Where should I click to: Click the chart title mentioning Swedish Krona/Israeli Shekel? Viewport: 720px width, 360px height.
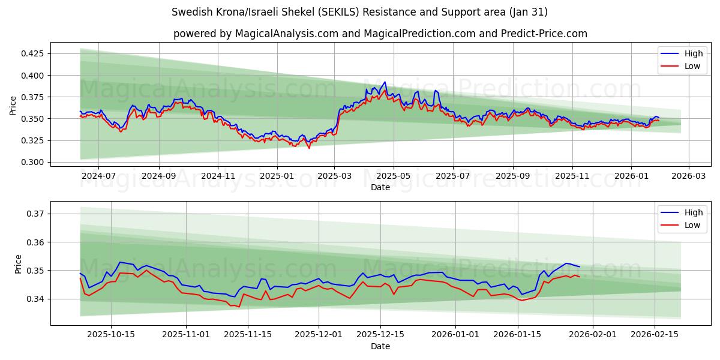tap(359, 12)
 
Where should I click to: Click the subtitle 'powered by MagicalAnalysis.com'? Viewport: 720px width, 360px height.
tap(380, 34)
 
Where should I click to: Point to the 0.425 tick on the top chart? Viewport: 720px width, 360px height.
tap(32, 53)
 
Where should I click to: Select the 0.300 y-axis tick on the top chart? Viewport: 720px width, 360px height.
tap(32, 162)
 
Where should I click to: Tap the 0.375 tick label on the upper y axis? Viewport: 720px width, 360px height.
tap(32, 97)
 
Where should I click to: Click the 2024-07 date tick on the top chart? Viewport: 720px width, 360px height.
tap(98, 175)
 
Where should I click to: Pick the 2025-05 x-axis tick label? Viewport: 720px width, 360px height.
tap(394, 175)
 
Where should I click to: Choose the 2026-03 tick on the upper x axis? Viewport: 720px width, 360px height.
tap(688, 175)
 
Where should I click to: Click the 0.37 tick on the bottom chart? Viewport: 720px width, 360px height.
tap(36, 214)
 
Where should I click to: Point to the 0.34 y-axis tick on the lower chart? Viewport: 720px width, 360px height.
tap(36, 299)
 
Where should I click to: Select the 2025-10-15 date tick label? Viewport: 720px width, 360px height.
tap(112, 334)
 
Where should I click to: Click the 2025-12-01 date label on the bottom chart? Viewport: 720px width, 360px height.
tap(319, 334)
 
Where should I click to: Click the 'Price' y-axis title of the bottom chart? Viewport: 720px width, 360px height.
tap(18, 263)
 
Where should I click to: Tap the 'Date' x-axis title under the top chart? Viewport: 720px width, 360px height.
tap(380, 187)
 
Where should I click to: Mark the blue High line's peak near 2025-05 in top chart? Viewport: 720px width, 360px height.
tap(385, 82)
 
